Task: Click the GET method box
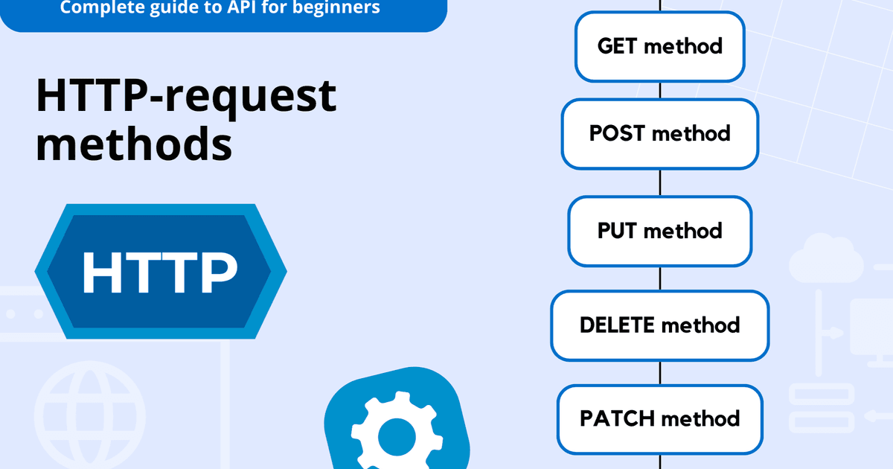pyautogui.click(x=659, y=46)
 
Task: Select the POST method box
pyautogui.click(x=659, y=134)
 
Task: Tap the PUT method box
pyautogui.click(x=659, y=231)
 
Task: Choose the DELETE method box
pyautogui.click(x=659, y=325)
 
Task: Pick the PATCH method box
pyautogui.click(x=659, y=418)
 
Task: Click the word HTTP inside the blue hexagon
pyautogui.click(x=160, y=272)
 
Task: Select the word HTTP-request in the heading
pyautogui.click(x=186, y=96)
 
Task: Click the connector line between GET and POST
pyautogui.click(x=660, y=90)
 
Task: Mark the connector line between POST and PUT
pyautogui.click(x=660, y=182)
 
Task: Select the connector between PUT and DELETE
pyautogui.click(x=660, y=278)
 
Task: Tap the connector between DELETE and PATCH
pyautogui.click(x=660, y=372)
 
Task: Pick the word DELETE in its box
pyautogui.click(x=617, y=325)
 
